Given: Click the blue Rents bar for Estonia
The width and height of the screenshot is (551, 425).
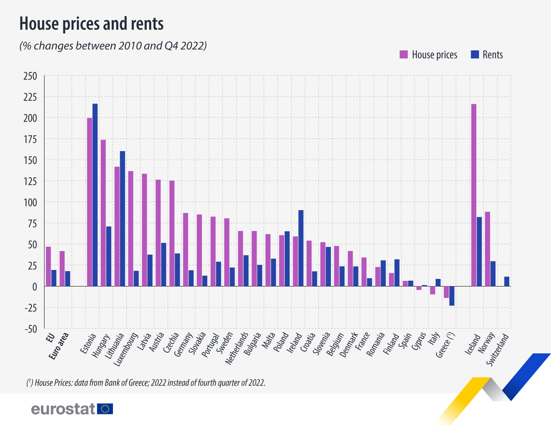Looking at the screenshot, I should click(95, 195).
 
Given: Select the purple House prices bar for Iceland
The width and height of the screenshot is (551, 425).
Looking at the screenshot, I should click(474, 195).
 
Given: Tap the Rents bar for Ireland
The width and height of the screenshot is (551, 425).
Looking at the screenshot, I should click(301, 248).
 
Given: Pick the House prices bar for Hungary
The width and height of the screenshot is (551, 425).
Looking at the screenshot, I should click(103, 213).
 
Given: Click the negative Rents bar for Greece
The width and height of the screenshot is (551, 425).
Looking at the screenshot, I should click(452, 296).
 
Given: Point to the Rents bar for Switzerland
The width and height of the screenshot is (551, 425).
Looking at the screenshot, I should click(507, 281).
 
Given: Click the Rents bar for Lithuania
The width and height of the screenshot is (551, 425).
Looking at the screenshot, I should click(122, 218).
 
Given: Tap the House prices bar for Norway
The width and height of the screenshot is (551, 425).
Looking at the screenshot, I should click(488, 249).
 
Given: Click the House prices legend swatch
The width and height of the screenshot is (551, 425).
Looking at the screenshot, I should click(403, 55).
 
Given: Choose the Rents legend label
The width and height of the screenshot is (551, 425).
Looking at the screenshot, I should click(493, 55).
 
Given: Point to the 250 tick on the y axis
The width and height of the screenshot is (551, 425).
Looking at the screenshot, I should click(30, 76).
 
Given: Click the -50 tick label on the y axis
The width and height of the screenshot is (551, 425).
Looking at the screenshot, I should click(30, 329).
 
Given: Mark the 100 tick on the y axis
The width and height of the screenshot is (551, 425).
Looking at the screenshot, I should click(30, 202).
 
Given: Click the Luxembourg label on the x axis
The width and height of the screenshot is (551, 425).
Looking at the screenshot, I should click(126, 349).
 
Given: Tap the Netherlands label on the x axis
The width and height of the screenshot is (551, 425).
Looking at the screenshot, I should click(237, 348).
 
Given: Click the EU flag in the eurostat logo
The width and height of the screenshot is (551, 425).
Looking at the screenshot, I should click(105, 409).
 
